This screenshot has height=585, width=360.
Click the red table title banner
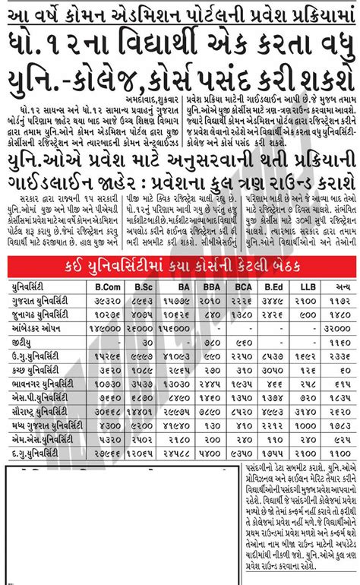point(180,265)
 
